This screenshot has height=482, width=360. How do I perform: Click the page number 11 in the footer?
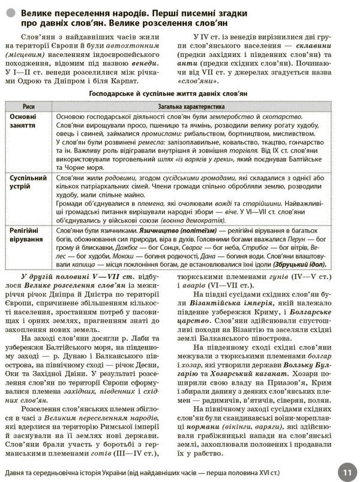(347, 470)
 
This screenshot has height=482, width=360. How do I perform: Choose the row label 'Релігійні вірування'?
(26, 235)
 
